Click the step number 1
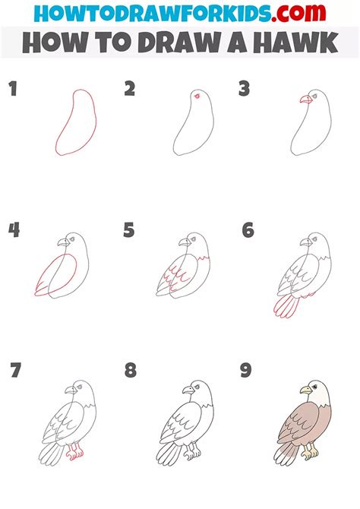(x=12, y=90)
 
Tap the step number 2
(x=130, y=90)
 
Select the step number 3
(x=244, y=90)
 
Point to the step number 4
(x=14, y=230)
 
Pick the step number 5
(x=130, y=230)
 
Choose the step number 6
(x=248, y=230)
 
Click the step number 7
(x=14, y=371)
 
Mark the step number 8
(x=131, y=371)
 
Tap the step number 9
(x=248, y=371)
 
